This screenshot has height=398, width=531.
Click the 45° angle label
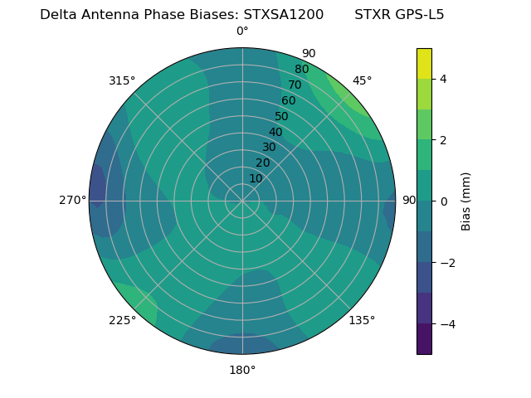[362, 80]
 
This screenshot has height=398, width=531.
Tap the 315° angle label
[122, 80]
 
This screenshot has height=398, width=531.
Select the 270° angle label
[73, 200]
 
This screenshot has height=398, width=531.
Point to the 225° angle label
[122, 320]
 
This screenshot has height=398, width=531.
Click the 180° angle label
[242, 370]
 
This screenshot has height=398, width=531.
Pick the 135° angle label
[362, 320]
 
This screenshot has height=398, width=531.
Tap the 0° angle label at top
[242, 31]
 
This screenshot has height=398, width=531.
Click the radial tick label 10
[256, 178]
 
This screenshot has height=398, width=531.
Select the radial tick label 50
[281, 116]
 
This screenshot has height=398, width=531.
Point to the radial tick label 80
[301, 69]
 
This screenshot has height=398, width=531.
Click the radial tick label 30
[269, 148]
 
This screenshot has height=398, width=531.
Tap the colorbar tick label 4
[444, 79]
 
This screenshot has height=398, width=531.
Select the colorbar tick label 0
[444, 201]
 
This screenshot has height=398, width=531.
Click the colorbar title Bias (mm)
[466, 201]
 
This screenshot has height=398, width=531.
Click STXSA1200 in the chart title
[283, 14]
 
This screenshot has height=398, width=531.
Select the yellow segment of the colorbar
[424, 63]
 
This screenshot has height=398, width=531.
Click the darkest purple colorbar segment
[424, 338]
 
